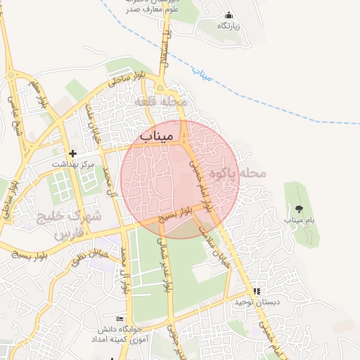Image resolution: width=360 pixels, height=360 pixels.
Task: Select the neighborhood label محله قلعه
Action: tap(164, 103)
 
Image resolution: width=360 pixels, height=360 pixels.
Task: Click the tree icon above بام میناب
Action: tap(300, 208)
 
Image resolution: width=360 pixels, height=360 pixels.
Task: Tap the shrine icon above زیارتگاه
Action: tap(229, 15)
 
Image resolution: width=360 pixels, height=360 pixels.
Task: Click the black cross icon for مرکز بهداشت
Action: tap(72, 153)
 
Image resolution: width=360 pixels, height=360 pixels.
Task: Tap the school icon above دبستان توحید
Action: tap(257, 290)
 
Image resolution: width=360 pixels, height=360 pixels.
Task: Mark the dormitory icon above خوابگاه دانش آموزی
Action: tap(127, 318)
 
